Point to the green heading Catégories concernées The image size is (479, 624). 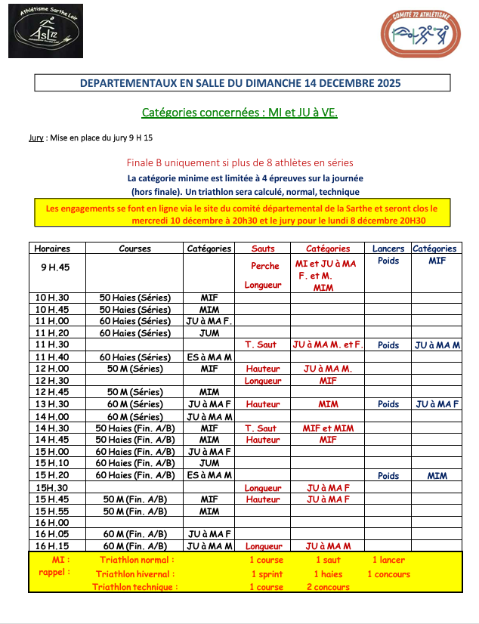point(199,113)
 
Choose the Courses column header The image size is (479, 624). point(134,248)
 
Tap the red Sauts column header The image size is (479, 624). point(262,248)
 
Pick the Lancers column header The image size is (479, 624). point(388,248)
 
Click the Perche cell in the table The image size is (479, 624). point(264,266)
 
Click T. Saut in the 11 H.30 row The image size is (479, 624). point(260,344)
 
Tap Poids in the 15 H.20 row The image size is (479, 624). point(388,476)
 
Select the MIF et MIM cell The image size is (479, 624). point(328,428)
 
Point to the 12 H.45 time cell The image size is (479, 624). point(53,392)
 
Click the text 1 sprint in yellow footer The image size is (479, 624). point(266,574)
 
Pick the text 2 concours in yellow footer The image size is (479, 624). point(328,587)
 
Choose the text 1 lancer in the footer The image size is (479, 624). point(388,560)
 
